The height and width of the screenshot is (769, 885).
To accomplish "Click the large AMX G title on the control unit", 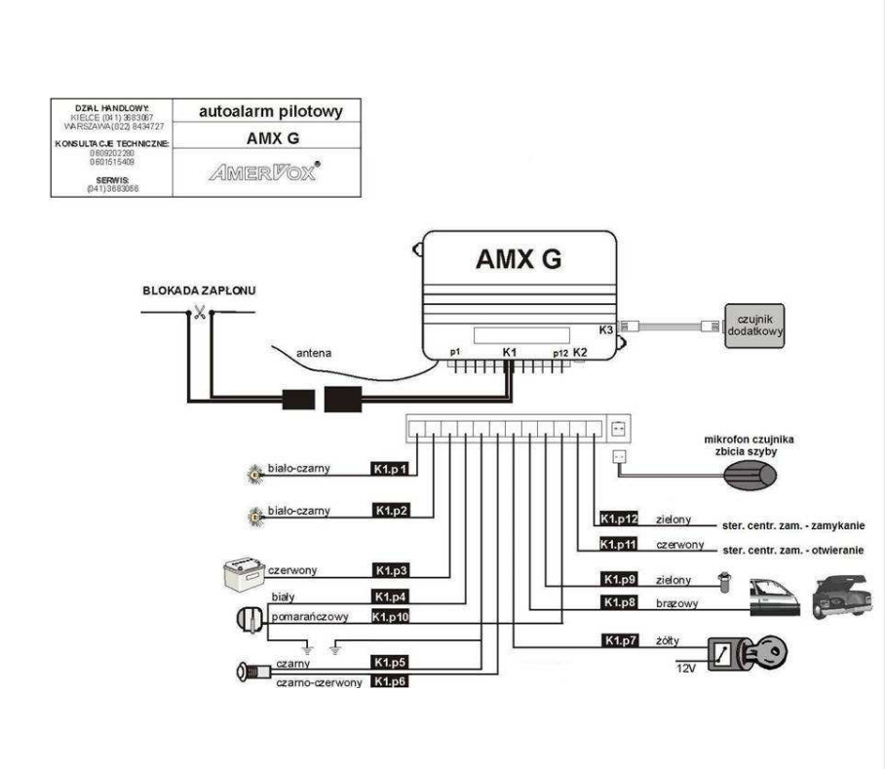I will tap(518, 259).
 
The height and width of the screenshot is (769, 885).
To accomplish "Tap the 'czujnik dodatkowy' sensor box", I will tap(753, 324).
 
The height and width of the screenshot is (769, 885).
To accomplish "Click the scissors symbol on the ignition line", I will tap(199, 313).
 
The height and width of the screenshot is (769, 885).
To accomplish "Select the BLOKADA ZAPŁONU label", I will tap(192, 290).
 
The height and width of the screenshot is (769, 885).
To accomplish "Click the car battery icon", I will tap(241, 571).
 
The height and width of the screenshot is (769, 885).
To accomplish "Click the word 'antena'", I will tap(315, 353).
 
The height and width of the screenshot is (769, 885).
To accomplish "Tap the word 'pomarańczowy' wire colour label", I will tap(310, 617).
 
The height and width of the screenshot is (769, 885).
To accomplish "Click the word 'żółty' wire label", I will tap(668, 641).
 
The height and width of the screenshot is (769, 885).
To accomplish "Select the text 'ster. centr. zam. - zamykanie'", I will tap(792, 524).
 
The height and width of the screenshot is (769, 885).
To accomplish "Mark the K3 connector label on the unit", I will tap(606, 329).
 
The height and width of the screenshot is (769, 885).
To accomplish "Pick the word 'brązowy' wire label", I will tap(677, 603).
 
